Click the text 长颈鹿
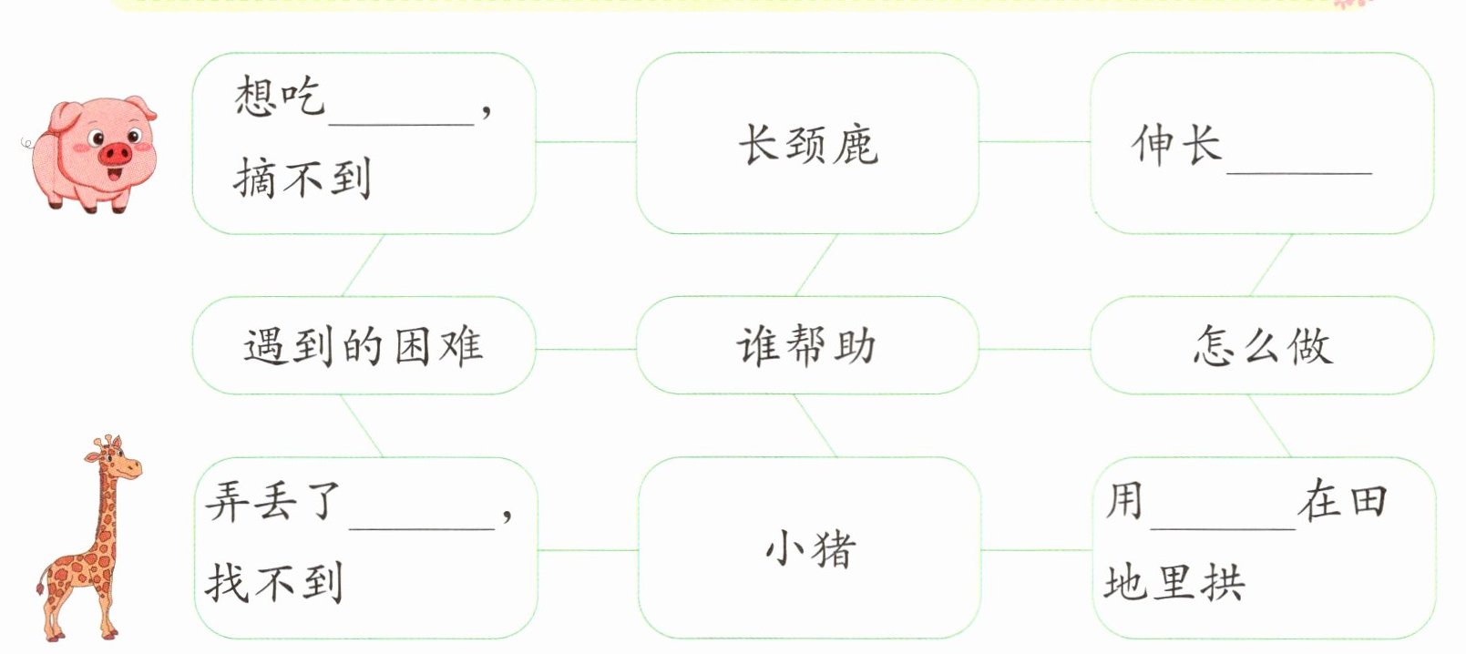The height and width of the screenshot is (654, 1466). coord(809,145)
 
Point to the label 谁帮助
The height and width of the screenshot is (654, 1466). coord(806,345)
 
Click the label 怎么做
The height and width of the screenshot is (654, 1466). coord(1263,345)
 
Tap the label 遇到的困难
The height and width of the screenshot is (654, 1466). coord(364,345)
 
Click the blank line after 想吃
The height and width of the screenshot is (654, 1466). coord(401,123)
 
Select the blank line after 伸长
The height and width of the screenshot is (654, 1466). coord(1299,173)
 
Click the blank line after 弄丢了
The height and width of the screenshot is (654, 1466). coord(422,527)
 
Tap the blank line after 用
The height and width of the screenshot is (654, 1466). coord(1224,527)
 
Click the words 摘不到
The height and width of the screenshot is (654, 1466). coord(302,178)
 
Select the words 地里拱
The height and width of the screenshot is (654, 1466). coord(1174,582)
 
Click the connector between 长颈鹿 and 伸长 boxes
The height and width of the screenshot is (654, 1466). coord(1035,141)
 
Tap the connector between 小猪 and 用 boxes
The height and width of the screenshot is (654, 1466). coord(1037,550)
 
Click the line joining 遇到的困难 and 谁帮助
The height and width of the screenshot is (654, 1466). coord(586,349)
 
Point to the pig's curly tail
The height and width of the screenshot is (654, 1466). coord(27,143)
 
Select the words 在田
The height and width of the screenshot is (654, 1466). coord(1342,500)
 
